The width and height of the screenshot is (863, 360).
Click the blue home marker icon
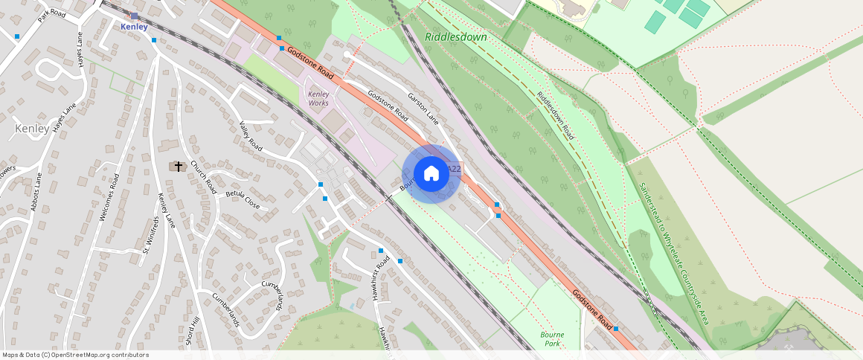pos(431,174)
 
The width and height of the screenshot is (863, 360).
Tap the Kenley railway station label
pos(134,26)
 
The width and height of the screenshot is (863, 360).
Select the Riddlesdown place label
pos(455,36)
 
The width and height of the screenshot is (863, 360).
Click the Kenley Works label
pos(318,98)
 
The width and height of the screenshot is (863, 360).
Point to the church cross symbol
pos(178,166)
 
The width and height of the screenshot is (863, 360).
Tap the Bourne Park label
pos(552,339)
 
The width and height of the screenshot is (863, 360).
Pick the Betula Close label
pos(243,199)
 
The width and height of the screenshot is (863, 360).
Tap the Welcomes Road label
pos(109,197)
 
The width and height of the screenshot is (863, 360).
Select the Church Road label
pos(202,175)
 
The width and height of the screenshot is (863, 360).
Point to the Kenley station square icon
pos(134,16)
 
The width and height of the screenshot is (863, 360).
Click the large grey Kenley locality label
pos(32,129)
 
